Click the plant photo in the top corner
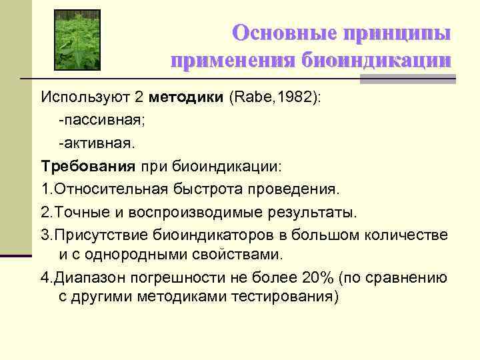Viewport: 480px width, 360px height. [x=76, y=39]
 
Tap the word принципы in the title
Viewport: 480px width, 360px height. [x=397, y=33]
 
